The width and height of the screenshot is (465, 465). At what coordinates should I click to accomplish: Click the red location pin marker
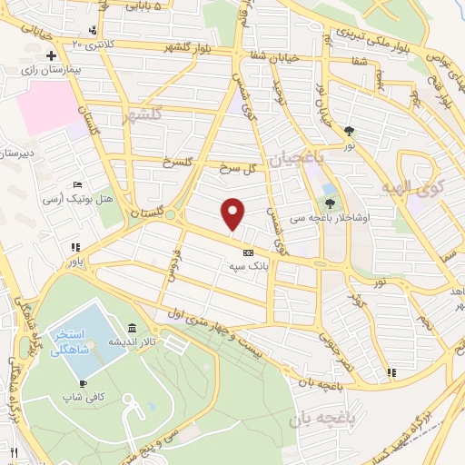pos(233,213)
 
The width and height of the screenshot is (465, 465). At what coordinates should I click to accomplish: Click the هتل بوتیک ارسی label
pos(87,197)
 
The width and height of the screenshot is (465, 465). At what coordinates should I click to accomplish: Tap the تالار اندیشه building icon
pos(133,328)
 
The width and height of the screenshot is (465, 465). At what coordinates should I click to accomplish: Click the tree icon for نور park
pos(350,130)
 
